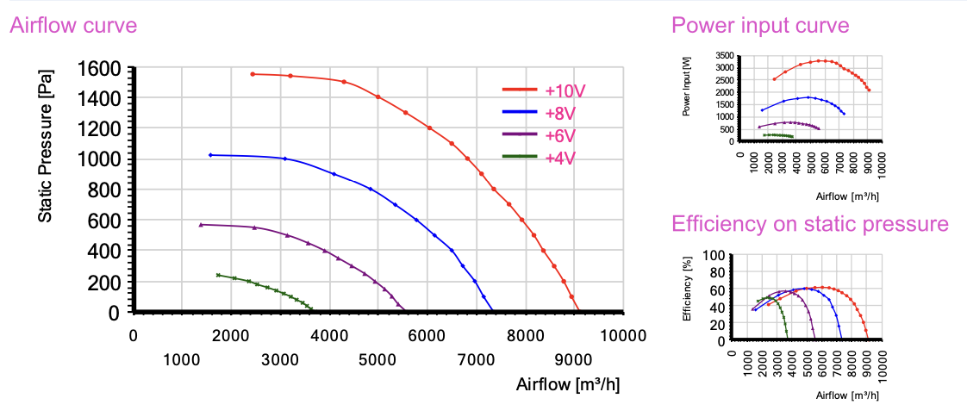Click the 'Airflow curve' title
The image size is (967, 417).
click(72, 26)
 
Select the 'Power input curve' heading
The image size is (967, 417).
click(760, 26)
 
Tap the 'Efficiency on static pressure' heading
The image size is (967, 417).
click(809, 224)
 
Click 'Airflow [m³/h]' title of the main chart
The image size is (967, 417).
click(567, 384)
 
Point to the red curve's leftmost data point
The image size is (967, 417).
click(253, 74)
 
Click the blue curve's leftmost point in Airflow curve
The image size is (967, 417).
click(210, 155)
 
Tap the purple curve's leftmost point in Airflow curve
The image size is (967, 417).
click(201, 225)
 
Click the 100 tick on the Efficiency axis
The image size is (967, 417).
click(715, 256)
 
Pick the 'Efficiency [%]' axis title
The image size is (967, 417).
click(687, 297)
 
